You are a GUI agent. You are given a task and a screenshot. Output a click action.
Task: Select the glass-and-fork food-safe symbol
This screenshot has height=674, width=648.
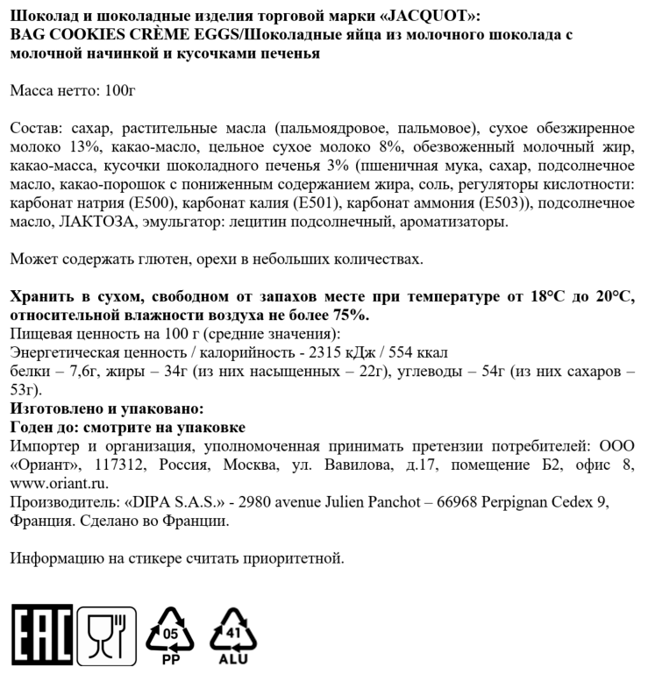pyautogui.click(x=107, y=633)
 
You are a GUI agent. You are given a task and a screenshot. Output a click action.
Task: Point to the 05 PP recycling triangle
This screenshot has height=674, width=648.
pyautogui.click(x=173, y=635)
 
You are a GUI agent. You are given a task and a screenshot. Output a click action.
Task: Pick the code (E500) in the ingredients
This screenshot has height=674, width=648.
pyautogui.click(x=153, y=202)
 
